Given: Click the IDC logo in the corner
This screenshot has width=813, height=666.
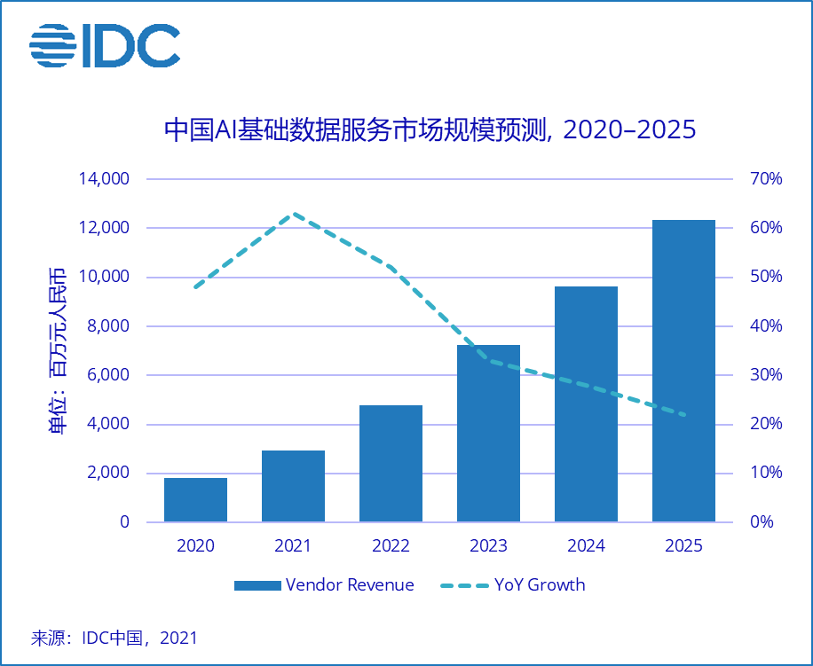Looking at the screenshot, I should (104, 45).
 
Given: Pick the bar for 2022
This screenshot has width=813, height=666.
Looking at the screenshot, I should (391, 463).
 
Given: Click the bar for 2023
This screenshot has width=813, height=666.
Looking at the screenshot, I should (488, 433).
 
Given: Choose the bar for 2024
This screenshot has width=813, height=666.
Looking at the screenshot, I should (586, 404).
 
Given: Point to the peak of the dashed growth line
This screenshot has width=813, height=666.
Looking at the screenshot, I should (293, 214).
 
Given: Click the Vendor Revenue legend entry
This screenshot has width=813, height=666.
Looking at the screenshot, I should (324, 584).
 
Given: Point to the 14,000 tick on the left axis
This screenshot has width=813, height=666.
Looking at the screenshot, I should (104, 179).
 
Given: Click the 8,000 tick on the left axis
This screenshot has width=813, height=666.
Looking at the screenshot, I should (108, 326).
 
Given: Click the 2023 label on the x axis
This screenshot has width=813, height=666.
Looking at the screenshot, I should (488, 546).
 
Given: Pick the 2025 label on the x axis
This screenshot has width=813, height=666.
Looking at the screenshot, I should (683, 546).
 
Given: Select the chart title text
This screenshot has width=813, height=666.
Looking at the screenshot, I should (430, 129).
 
